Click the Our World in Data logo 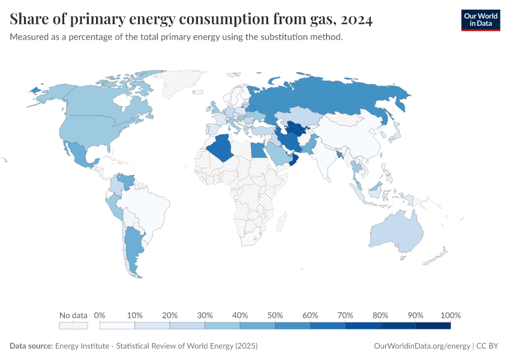pos(480,20)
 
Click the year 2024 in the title pos(356,20)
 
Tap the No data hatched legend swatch pos(73,325)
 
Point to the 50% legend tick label pos(275,315)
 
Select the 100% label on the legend pos(450,315)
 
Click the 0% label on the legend pos(100,315)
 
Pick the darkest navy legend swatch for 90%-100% pos(433,325)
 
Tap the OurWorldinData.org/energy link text pos(422,346)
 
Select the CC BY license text pos(489,346)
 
